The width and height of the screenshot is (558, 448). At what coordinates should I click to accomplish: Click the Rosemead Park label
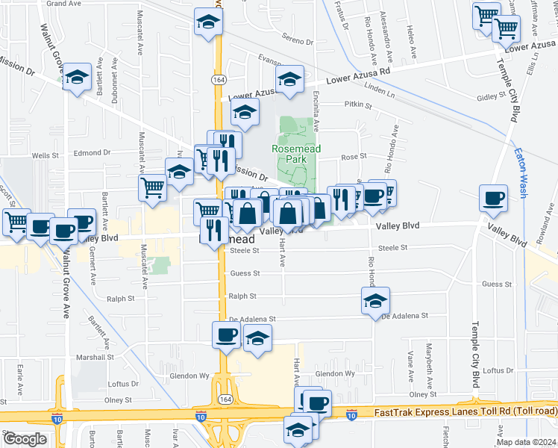coord(296,154)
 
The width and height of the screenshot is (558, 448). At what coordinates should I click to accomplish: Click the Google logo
coord(25,439)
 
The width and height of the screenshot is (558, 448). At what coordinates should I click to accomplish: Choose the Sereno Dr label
coord(298,39)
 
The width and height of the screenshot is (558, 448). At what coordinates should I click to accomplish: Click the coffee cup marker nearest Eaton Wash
coord(493,199)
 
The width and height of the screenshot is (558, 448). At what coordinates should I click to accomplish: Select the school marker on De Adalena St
coord(375,302)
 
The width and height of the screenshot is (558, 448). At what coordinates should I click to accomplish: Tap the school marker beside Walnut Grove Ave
coord(76,78)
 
